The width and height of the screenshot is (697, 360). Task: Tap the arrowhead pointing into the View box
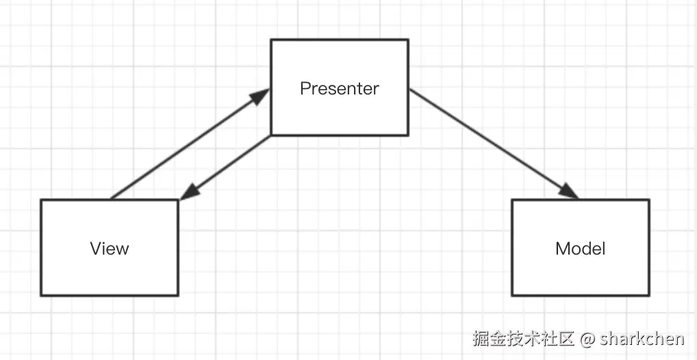(189, 192)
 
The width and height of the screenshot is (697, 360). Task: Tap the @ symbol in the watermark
(587, 338)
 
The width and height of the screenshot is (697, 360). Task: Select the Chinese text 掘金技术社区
(523, 338)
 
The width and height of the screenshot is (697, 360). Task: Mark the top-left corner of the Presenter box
(272, 40)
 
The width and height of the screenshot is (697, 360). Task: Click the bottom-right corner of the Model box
(648, 295)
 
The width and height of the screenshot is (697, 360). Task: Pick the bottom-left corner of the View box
(41, 295)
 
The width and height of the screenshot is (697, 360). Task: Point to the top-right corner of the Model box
(648, 200)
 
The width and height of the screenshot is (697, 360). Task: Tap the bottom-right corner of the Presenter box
(408, 135)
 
